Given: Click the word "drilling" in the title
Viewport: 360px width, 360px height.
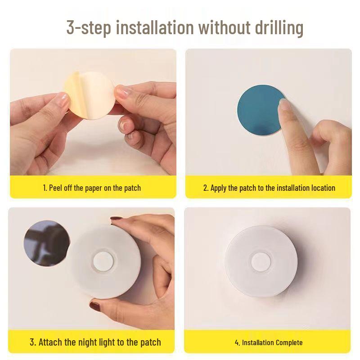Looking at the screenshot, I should pos(276,27).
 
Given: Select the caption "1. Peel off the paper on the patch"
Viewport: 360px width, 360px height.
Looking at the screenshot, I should pos(92,188).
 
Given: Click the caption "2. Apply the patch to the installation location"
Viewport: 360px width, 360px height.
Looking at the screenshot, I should pos(269,188).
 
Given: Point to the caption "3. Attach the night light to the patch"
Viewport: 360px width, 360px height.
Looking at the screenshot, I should pos(95,342).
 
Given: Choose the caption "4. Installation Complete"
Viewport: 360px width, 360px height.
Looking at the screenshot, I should pos(269,342).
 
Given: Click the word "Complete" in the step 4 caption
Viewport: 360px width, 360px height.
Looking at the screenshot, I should pos(287,342).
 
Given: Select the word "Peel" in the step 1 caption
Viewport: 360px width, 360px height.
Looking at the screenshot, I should pos(58,188).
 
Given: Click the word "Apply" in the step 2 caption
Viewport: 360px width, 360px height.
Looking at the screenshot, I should pos(218,188).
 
